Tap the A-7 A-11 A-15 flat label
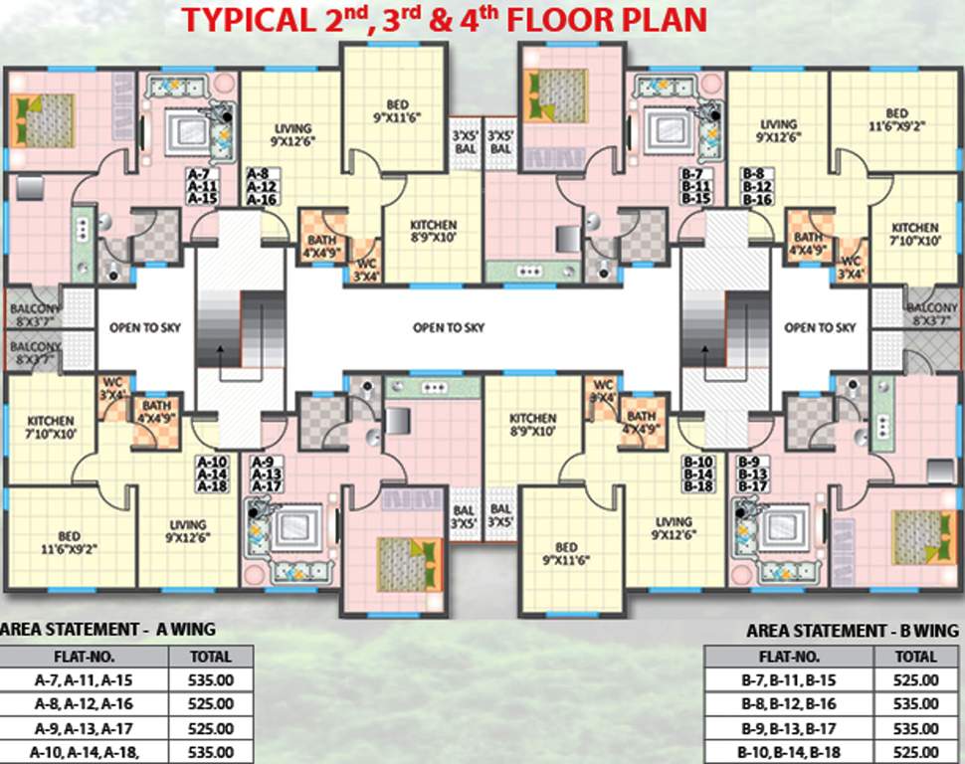pos(202,185)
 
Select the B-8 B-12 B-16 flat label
pos(758,185)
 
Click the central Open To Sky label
pos(449,327)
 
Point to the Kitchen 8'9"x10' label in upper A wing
pos(433,232)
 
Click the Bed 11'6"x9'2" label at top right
pos(896,118)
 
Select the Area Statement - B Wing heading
pos(852,631)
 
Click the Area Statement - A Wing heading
pos(108,629)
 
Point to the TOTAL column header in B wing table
pos(915,657)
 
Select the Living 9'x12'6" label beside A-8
pos(292,134)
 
